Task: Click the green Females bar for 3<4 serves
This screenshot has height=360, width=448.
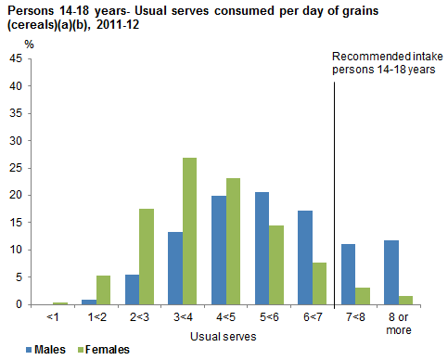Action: (189, 231)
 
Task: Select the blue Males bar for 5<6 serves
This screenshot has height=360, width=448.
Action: (262, 248)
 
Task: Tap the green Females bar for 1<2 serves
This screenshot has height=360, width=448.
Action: (103, 289)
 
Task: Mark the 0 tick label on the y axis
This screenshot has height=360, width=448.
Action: (20, 304)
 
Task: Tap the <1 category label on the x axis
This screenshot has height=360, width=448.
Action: (52, 317)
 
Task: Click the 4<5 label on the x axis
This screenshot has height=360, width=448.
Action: (224, 317)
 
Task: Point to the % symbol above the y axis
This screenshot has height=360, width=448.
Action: (29, 44)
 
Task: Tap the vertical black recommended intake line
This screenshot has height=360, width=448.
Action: (333, 186)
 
